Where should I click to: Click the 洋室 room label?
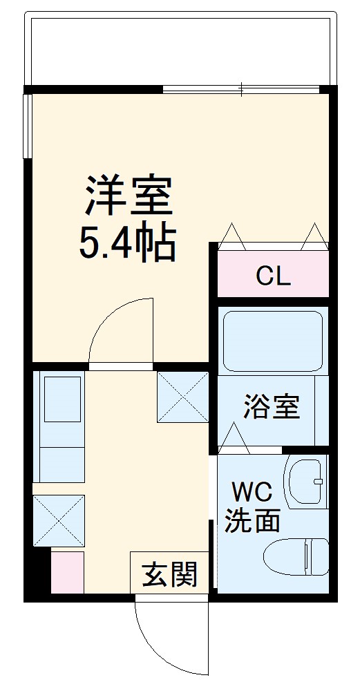point(129,196)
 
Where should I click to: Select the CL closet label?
point(274,277)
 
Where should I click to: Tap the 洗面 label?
point(252,520)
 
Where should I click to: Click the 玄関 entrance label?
point(169,574)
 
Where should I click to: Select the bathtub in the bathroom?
point(273,341)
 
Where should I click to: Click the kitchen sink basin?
point(62,399)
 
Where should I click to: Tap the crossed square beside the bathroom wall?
point(183,397)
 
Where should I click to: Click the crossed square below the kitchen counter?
point(59,520)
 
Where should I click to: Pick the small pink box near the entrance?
point(68,571)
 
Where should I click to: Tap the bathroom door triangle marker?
point(234,438)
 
